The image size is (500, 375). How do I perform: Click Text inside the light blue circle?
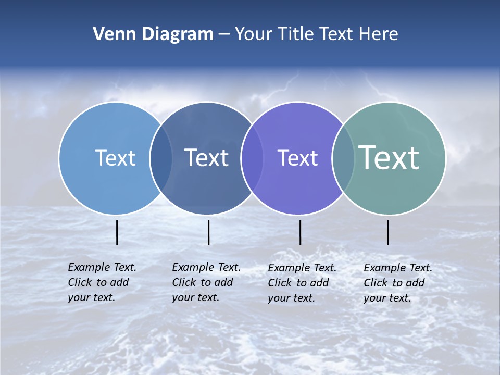tap(115, 158)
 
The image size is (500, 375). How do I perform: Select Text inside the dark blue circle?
tap(206, 158)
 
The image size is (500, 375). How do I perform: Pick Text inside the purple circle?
tap(297, 158)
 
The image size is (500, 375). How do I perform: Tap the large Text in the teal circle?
tap(389, 157)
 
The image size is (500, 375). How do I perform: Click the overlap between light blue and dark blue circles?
tap(161, 158)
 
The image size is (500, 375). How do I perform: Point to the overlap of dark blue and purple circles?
tap(252, 158)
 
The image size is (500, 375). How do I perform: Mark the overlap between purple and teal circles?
tap(343, 158)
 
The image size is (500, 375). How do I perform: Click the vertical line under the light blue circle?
tap(117, 232)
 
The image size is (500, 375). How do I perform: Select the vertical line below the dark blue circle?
tap(208, 232)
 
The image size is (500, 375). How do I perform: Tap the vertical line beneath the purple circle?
tap(300, 232)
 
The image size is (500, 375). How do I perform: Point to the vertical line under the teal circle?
tap(387, 232)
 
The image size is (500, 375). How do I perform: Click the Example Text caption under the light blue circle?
tap(102, 282)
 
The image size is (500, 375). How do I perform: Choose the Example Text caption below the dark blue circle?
tap(206, 282)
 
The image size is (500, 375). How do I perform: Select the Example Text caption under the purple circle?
tap(302, 283)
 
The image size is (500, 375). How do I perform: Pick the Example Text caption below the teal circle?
tap(398, 283)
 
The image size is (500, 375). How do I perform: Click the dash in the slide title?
tap(224, 35)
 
